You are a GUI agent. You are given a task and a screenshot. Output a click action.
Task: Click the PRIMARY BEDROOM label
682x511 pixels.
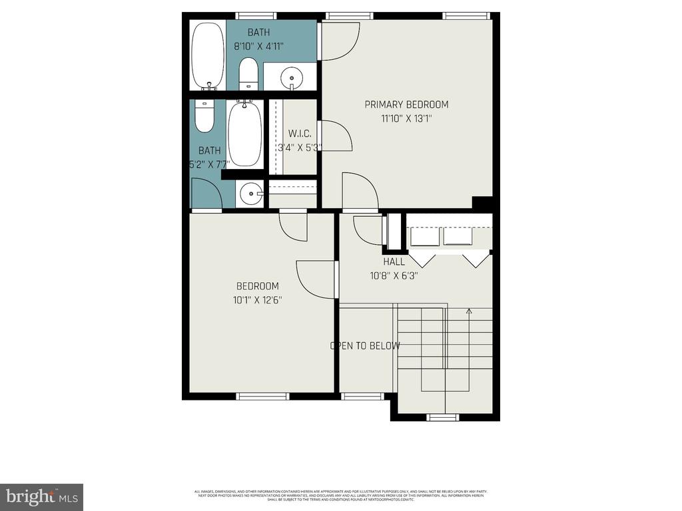click(x=406, y=104)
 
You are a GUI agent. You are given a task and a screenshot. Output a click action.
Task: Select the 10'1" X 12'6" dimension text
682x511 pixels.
click(x=257, y=300)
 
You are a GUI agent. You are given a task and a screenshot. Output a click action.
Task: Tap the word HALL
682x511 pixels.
click(x=394, y=261)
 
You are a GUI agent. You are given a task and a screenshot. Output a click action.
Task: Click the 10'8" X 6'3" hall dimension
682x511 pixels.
click(x=394, y=275)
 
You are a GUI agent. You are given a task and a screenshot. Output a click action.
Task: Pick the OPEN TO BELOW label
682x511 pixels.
click(x=366, y=346)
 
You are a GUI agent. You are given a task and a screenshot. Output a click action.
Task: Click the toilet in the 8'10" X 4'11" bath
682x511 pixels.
click(x=248, y=73)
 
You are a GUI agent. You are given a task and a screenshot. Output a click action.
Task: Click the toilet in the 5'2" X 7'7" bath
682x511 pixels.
click(x=204, y=116)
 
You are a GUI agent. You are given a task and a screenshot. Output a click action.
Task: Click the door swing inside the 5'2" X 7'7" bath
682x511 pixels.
click(x=208, y=194)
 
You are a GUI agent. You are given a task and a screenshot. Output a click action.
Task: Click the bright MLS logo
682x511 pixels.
click(x=41, y=496)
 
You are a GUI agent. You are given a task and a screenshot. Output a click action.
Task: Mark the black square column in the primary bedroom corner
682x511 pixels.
click(x=482, y=203)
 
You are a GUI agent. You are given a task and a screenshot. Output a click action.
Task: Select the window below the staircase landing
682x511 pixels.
click(x=443, y=417)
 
